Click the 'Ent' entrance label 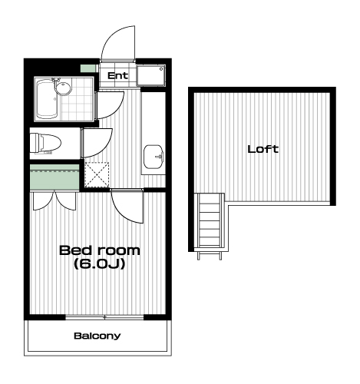117,75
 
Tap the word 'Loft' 263,149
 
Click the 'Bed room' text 100,250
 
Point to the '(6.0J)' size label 100,263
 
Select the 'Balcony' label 97,336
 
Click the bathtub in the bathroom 47,99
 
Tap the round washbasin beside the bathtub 63,88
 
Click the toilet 45,143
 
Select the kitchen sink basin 154,157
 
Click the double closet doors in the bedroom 54,201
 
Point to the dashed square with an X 97,174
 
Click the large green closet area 54,177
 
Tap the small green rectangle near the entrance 88,68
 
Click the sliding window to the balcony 104,317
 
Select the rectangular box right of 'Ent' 150,75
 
